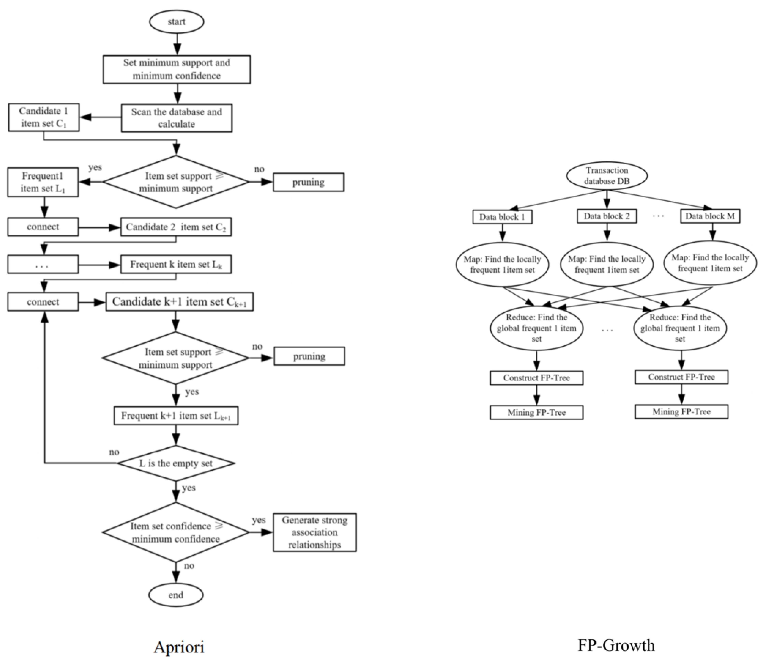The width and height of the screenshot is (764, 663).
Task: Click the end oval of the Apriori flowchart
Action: [x=176, y=595]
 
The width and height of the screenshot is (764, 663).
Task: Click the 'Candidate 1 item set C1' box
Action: [x=44, y=117]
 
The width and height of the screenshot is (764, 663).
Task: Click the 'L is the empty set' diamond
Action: [x=176, y=463]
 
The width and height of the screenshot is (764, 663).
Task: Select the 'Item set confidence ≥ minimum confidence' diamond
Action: [x=176, y=532]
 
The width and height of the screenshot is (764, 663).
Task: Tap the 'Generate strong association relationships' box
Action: [x=314, y=532]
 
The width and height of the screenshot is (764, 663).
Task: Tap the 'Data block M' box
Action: [x=710, y=216]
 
